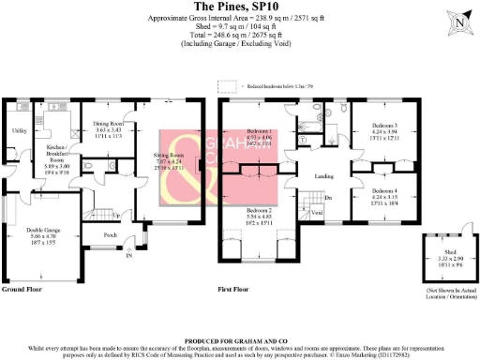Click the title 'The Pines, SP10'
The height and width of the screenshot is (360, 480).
pos(239,7)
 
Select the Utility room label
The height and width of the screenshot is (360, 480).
pos(18,131)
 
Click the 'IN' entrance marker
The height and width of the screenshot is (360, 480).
pos(129,254)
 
